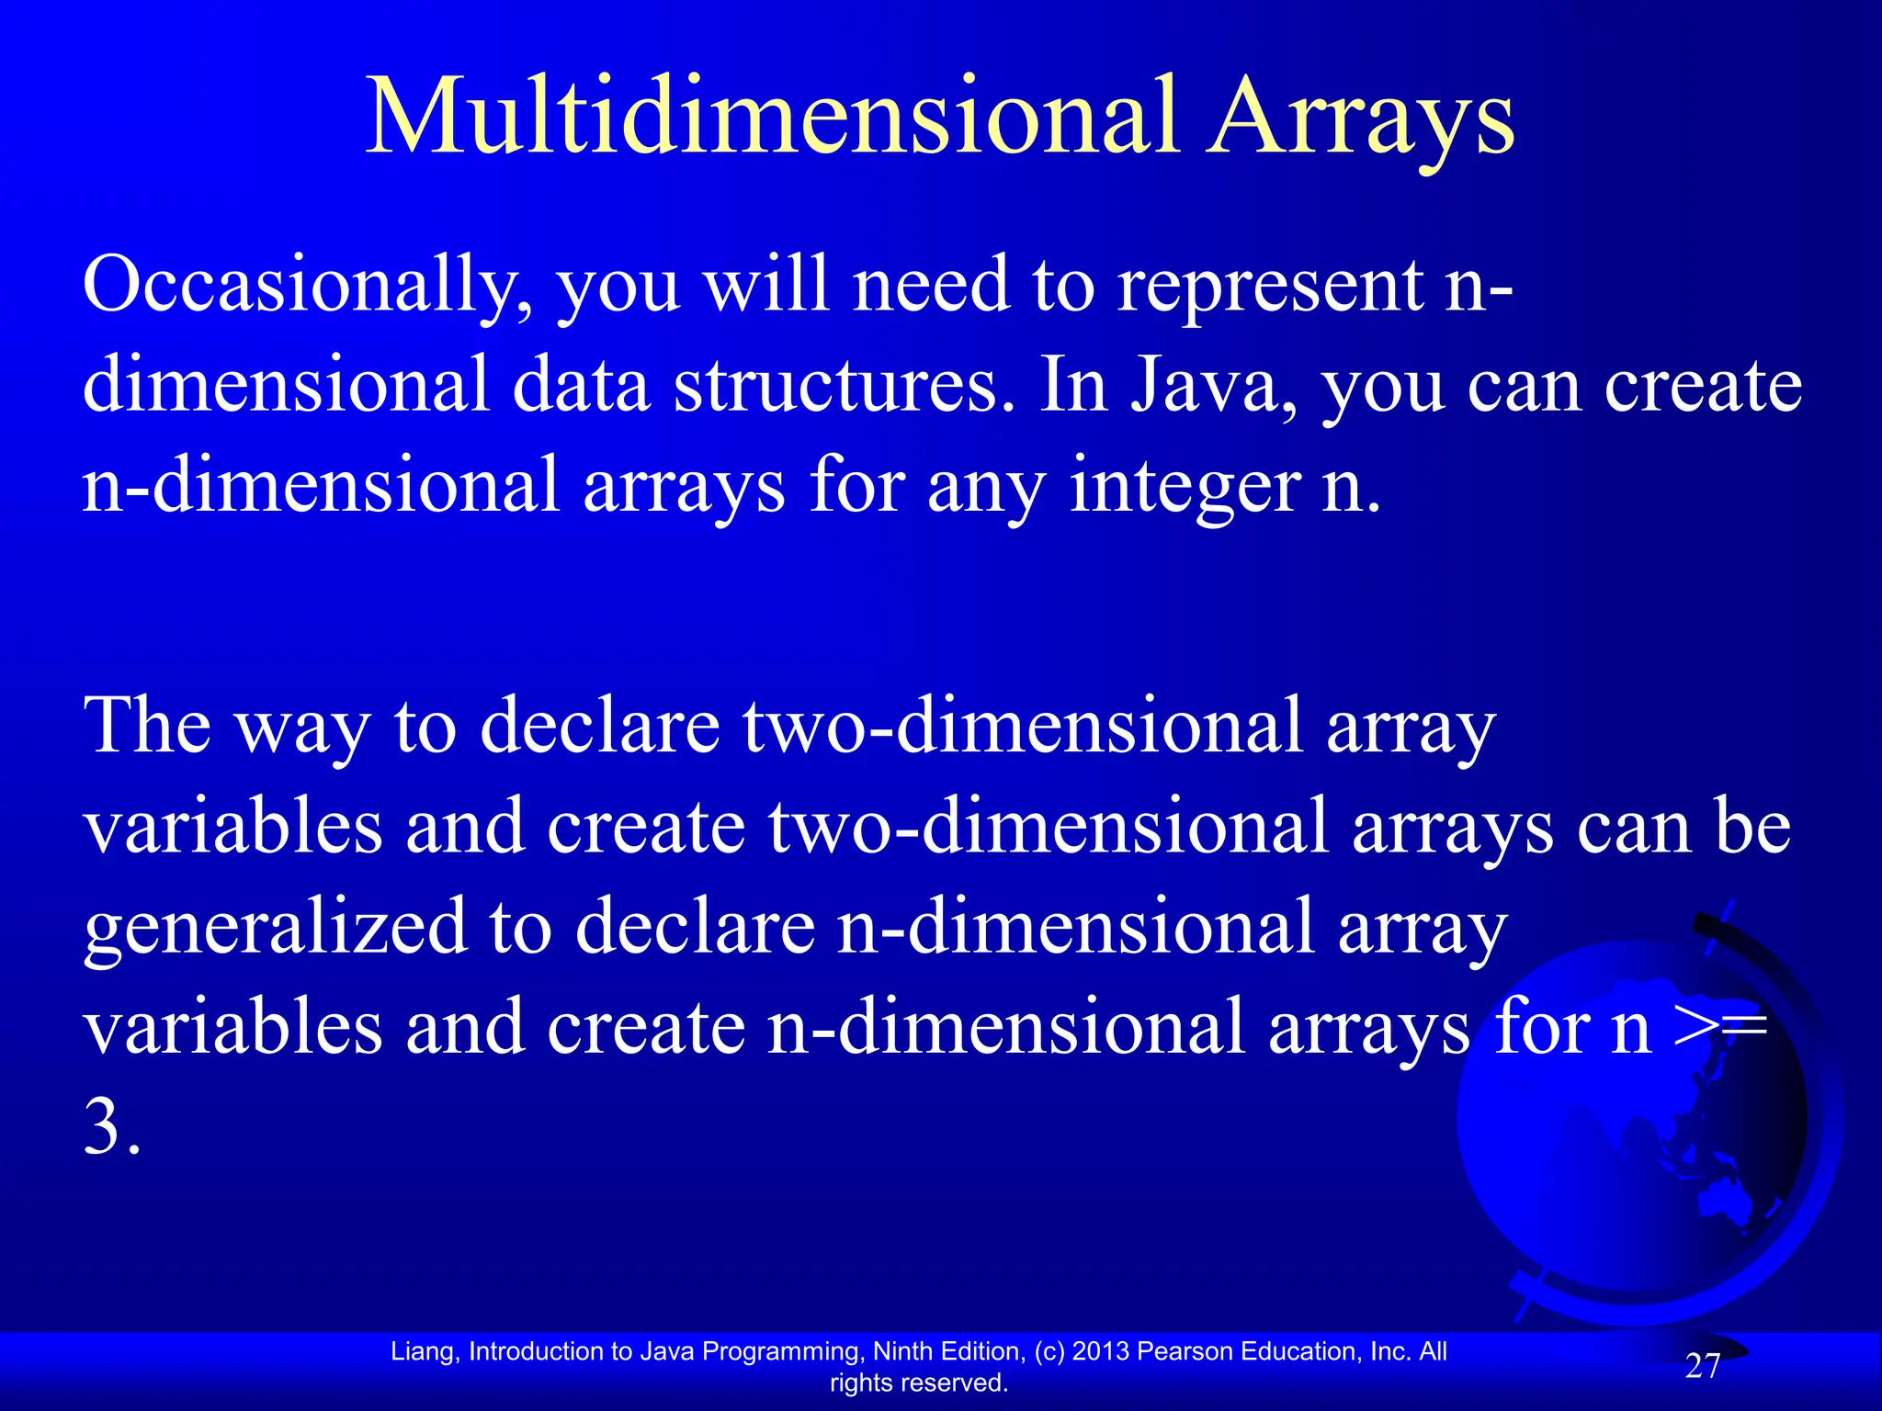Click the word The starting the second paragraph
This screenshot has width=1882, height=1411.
pyautogui.click(x=147, y=726)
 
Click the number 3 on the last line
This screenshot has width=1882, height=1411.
pyautogui.click(x=103, y=1128)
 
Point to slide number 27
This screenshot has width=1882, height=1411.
pyautogui.click(x=1703, y=1367)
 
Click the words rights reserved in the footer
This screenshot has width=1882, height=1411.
pyautogui.click(x=919, y=1383)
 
